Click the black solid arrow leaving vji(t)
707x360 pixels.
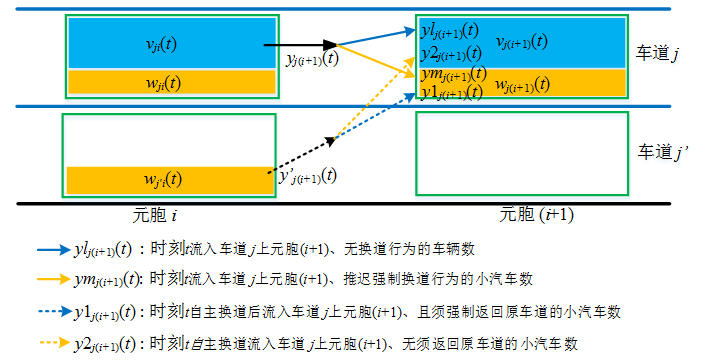coord(301,45)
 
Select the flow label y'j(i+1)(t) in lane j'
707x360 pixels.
coord(306,176)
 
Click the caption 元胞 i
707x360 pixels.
coord(158,213)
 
